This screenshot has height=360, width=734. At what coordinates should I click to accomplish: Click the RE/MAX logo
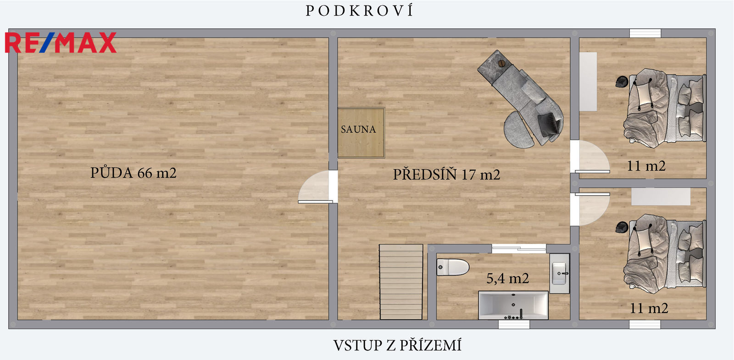point(61,43)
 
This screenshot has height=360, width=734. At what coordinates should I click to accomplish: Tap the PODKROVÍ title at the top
point(360,11)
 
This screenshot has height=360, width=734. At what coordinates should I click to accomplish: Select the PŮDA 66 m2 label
point(133,172)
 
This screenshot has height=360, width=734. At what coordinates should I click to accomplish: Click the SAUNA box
point(361,133)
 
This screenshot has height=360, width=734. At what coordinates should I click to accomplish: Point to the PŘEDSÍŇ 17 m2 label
point(447,174)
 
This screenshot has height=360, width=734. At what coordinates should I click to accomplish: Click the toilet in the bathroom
point(453,267)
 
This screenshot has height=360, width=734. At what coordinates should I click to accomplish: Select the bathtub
point(513,305)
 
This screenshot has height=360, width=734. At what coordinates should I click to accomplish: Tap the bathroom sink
point(559,273)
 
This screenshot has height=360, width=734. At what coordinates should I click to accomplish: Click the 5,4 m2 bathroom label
point(507,278)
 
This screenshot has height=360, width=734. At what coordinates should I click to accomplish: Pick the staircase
point(401,282)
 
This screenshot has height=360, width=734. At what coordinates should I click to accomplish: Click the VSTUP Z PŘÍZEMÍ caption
point(397,345)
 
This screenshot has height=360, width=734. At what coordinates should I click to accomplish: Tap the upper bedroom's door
point(590,156)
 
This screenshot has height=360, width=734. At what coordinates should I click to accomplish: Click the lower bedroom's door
point(590,209)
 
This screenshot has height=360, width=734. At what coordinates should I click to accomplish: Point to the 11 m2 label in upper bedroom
point(646,166)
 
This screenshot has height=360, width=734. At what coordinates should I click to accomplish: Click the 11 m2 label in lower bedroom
point(649,308)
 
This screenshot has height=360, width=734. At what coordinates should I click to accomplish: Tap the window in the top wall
point(645,33)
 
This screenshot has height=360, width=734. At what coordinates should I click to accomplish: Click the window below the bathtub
point(514,324)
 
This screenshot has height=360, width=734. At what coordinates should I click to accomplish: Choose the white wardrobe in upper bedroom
point(588,82)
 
